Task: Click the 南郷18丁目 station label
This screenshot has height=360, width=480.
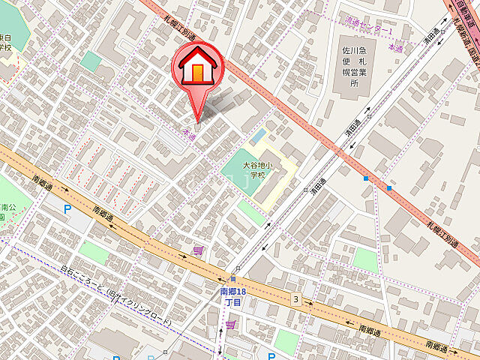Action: tap(232, 296)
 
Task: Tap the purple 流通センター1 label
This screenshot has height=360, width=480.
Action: tap(368, 30)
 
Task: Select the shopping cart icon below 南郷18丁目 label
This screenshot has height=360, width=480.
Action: tap(230, 325)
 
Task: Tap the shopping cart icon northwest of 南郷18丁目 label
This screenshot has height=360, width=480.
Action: tap(198, 251)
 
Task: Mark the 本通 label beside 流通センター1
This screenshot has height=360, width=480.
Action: tap(394, 46)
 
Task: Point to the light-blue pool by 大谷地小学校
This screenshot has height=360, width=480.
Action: tap(259, 138)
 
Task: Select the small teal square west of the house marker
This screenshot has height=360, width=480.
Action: tap(91, 61)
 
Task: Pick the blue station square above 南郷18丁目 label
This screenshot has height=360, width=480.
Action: tap(233, 279)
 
